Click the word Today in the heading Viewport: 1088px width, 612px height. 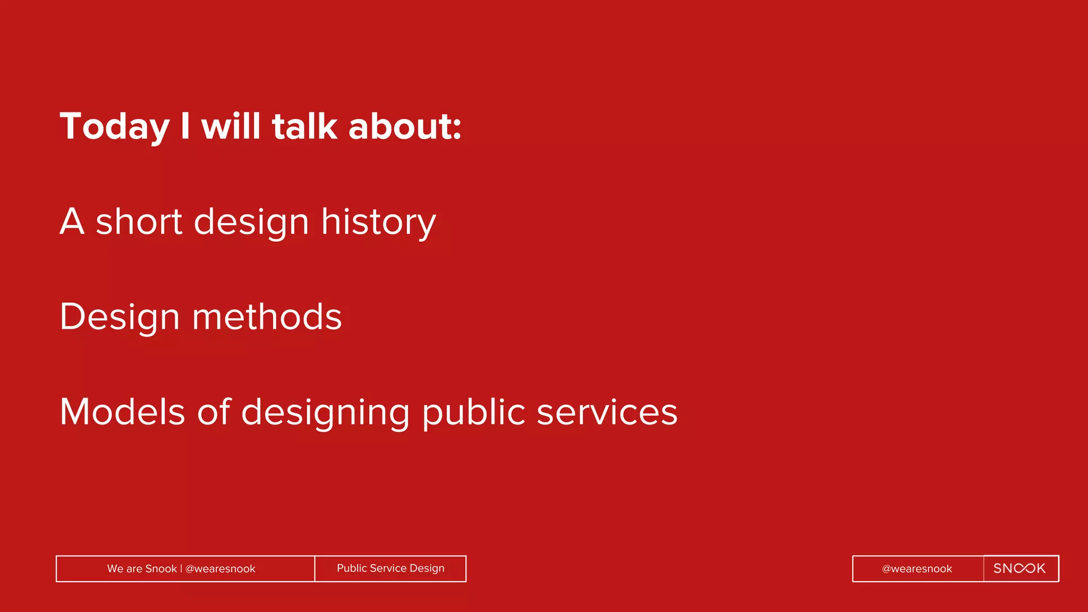point(114,127)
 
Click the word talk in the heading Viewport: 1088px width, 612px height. point(304,126)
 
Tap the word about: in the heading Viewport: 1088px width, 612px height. point(404,126)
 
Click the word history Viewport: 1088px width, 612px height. point(378,222)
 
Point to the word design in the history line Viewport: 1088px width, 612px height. point(251,222)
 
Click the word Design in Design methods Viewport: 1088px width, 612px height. point(120,317)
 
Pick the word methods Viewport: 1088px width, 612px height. point(267,317)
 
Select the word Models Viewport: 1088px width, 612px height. point(122,412)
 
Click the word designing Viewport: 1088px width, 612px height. point(325,413)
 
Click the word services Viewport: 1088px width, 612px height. point(607,412)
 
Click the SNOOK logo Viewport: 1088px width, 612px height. point(1019,568)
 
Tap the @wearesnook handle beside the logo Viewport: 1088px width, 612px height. point(917,569)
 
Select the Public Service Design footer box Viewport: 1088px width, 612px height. point(390,568)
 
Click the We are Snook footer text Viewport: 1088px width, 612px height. point(142,569)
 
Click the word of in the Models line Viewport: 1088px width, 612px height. point(214,412)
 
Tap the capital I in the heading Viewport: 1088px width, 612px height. point(185,126)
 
